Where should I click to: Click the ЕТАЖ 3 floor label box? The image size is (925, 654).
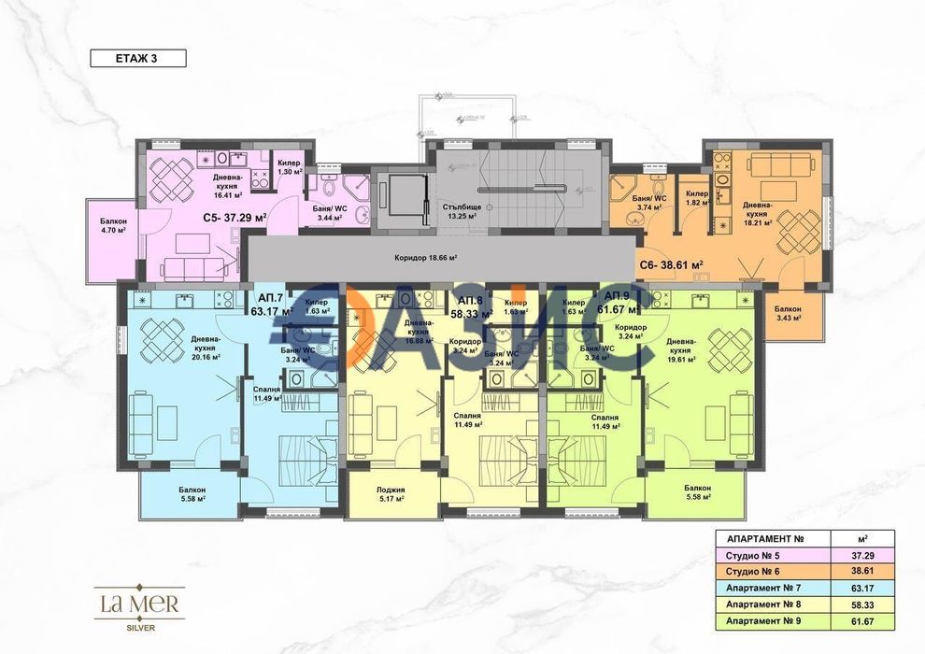click(137, 58)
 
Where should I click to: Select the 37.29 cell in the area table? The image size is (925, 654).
click(861, 555)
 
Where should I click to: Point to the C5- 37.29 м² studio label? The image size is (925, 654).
click(235, 217)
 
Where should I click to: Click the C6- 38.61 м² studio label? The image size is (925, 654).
click(671, 265)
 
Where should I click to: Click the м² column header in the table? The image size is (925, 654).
click(861, 538)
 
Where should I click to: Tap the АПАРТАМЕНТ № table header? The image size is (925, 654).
click(759, 538)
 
